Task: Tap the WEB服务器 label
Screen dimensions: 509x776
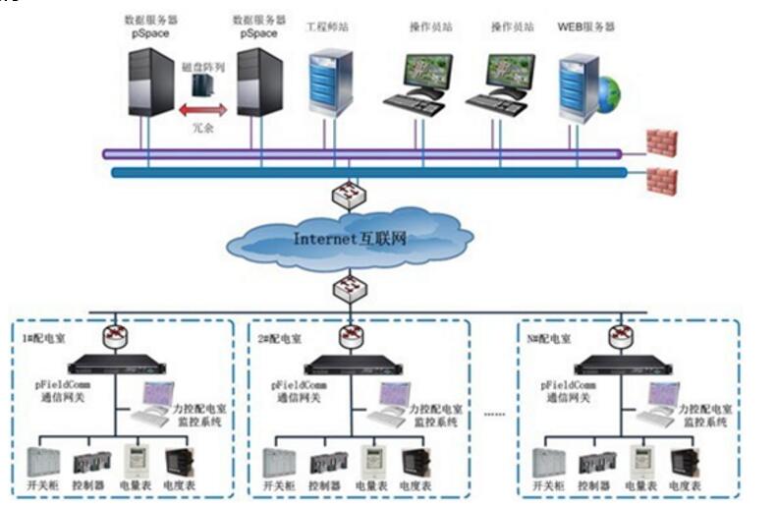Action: [585, 27]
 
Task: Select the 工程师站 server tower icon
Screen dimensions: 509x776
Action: [330, 83]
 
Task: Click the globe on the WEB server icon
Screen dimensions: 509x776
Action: [609, 94]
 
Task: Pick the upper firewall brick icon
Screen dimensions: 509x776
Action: [661, 142]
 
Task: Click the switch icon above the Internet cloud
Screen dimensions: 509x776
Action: [349, 195]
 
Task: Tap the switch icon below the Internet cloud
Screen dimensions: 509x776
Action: [349, 288]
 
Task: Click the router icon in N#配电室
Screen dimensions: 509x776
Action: [619, 336]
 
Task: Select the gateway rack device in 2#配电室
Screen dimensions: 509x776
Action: [350, 365]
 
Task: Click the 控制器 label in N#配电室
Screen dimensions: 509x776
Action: [596, 486]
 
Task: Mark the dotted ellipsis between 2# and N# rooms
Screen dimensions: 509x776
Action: [494, 414]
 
